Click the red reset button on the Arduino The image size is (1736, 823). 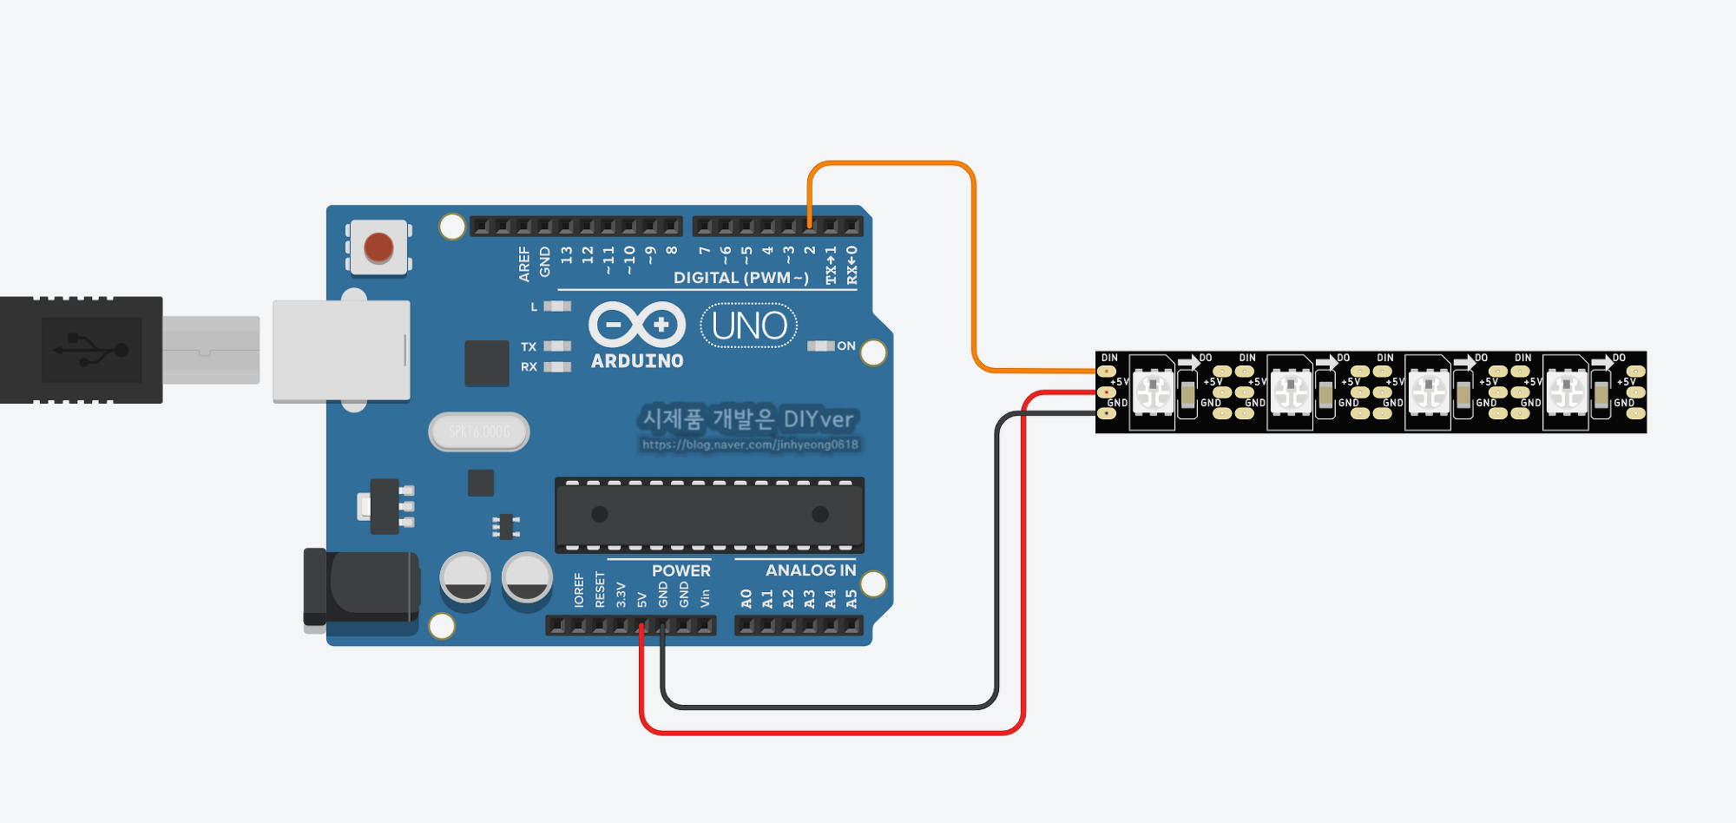pyautogui.click(x=378, y=247)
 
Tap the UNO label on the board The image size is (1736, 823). pyautogui.click(x=749, y=326)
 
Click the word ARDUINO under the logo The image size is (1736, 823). pyautogui.click(x=637, y=361)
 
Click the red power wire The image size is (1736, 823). pyautogui.click(x=833, y=733)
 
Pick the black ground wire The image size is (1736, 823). pyautogui.click(x=833, y=708)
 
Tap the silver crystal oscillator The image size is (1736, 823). pyautogui.click(x=479, y=431)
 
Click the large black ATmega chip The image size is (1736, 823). pyautogui.click(x=709, y=514)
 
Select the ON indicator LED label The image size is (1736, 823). pyautogui.click(x=846, y=346)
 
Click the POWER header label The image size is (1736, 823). pyautogui.click(x=681, y=570)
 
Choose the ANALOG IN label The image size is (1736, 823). pyautogui.click(x=811, y=570)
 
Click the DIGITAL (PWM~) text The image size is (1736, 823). pyautogui.click(x=740, y=278)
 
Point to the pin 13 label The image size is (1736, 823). pyautogui.click(x=567, y=255)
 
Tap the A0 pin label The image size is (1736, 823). pyautogui.click(x=746, y=599)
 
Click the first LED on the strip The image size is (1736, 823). pyautogui.click(x=1154, y=392)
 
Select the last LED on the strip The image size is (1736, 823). pyautogui.click(x=1567, y=392)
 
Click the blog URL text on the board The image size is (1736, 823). pyautogui.click(x=750, y=444)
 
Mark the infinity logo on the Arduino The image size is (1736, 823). pyautogui.click(x=637, y=325)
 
